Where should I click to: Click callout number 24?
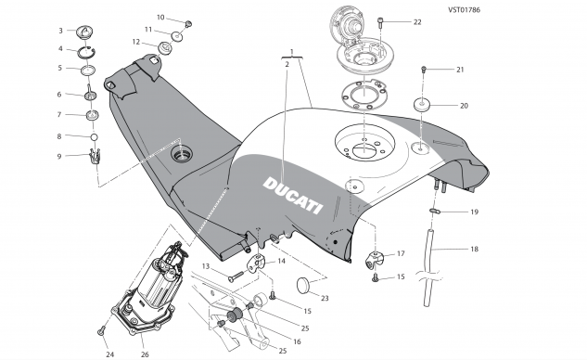click(x=109, y=354)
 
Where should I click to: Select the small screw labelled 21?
click(x=425, y=70)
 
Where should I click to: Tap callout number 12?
click(x=135, y=42)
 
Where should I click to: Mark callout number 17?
click(x=401, y=253)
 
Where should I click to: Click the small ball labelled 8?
click(x=94, y=138)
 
